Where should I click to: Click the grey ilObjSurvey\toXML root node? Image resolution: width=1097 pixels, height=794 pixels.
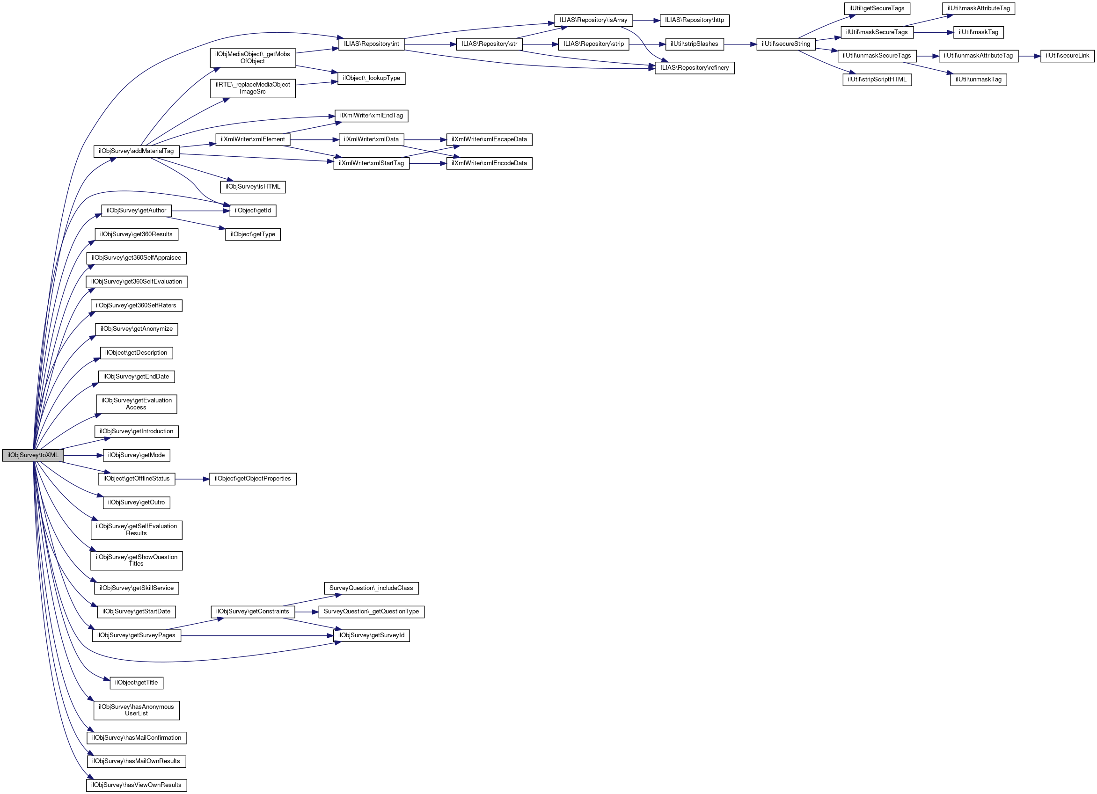click(33, 455)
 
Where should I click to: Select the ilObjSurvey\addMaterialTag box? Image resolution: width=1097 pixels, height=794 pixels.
click(136, 151)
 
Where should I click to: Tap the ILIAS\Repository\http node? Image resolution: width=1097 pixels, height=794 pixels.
click(694, 20)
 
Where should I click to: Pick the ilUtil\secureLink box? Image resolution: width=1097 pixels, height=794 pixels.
click(1067, 56)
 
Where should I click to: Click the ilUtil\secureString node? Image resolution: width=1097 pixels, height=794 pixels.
click(785, 44)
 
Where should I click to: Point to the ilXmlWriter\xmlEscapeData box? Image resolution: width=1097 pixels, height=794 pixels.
click(489, 140)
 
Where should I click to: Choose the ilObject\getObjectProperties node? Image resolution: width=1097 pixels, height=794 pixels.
click(252, 479)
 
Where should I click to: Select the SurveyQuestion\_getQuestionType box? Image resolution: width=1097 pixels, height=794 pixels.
click(371, 612)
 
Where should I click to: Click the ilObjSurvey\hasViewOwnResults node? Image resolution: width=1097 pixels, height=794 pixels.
click(136, 785)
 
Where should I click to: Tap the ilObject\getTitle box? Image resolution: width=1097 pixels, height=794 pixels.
click(136, 683)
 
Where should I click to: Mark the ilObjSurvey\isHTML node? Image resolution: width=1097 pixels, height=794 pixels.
click(252, 187)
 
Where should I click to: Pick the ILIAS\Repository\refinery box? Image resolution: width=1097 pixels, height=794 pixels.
click(694, 68)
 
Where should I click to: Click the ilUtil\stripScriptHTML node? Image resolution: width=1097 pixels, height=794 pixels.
click(877, 79)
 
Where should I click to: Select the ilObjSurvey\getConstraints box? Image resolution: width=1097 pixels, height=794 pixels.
click(252, 612)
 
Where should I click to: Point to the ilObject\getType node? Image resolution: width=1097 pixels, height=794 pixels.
click(252, 234)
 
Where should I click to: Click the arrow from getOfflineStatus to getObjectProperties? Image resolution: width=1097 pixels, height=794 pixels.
click(191, 479)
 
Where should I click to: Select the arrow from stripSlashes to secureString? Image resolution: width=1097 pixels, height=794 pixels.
click(740, 44)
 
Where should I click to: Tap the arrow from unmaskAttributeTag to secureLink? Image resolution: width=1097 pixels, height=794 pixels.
click(1029, 56)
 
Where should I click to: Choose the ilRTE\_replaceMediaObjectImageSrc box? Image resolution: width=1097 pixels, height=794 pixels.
click(252, 88)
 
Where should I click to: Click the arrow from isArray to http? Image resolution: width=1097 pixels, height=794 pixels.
click(646, 20)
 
